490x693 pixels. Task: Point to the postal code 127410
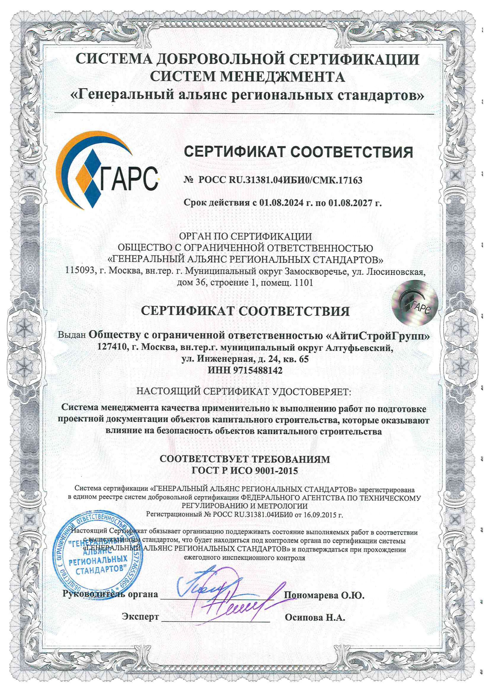tap(112, 347)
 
